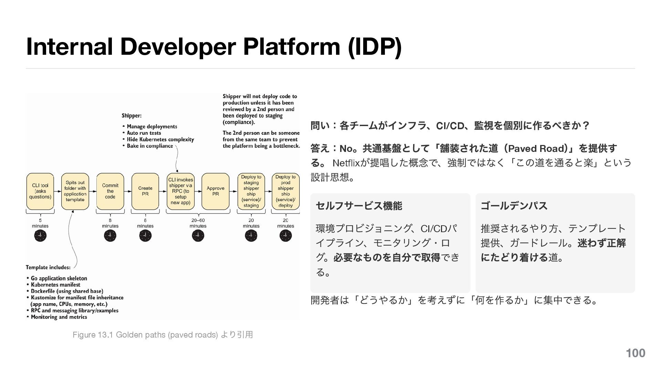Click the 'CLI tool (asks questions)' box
(x=40, y=191)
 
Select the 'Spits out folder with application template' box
(x=75, y=191)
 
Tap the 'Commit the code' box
(x=110, y=191)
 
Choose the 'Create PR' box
(x=145, y=191)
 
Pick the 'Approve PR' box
(x=216, y=191)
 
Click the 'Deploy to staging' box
(x=251, y=191)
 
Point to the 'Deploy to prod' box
(x=285, y=191)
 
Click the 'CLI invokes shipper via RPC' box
(x=180, y=191)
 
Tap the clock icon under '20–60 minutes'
(x=198, y=236)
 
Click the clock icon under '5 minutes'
(x=40, y=236)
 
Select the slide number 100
(x=635, y=353)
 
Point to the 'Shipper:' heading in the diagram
(x=132, y=116)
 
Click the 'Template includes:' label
(x=48, y=267)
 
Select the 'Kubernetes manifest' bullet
(x=55, y=285)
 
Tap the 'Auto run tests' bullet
(x=144, y=133)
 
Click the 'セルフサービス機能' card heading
(x=359, y=206)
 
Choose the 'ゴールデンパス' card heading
(x=514, y=206)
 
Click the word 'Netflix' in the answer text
(x=346, y=163)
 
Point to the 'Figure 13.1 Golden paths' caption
(x=162, y=335)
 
